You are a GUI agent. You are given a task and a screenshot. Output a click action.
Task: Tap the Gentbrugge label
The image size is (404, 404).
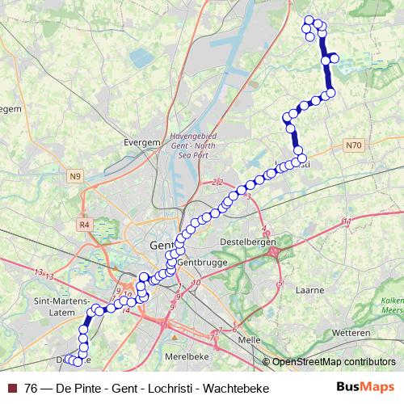tap(198, 262)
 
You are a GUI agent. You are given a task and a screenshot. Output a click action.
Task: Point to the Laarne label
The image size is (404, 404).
tap(310, 289)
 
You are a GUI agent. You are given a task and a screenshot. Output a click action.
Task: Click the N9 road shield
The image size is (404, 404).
tap(76, 175)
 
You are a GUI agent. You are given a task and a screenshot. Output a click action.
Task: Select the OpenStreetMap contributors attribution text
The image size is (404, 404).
tap(334, 362)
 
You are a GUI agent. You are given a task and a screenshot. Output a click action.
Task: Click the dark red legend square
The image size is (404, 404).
tap(11, 389)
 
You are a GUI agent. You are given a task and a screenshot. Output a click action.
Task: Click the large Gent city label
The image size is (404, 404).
tap(162, 246)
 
